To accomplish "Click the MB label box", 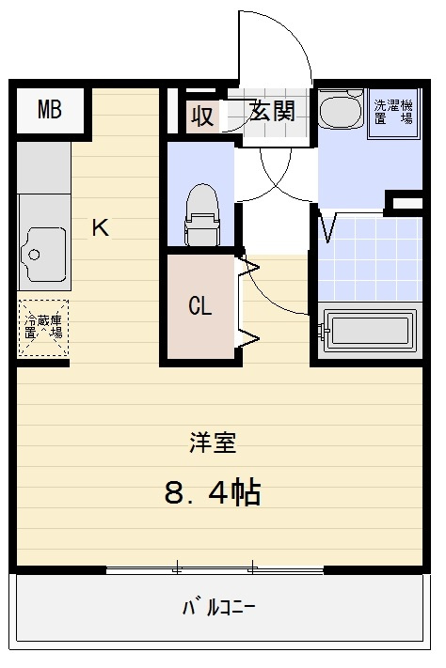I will pyautogui.click(x=50, y=111).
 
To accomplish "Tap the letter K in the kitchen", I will pyautogui.click(x=100, y=226).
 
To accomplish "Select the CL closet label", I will pyautogui.click(x=199, y=305).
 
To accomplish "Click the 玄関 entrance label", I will pyautogui.click(x=272, y=112).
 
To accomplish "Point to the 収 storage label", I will pyautogui.click(x=202, y=117).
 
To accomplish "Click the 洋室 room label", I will pyautogui.click(x=212, y=442).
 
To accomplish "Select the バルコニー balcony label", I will pyautogui.click(x=218, y=606).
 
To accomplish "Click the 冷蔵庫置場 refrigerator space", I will pyautogui.click(x=43, y=327).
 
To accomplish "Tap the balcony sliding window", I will pyautogui.click(x=215, y=568).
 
